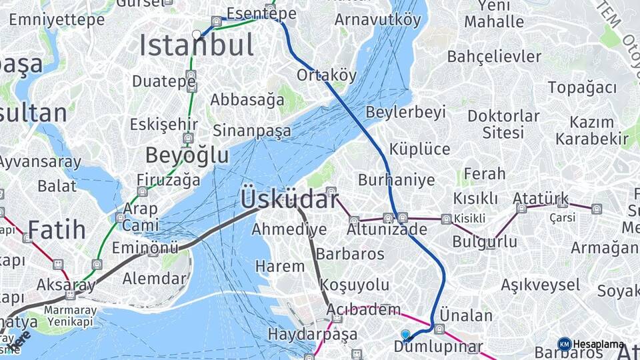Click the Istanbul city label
coord(196,46)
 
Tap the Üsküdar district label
coord(289,199)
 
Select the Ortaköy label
coord(327,75)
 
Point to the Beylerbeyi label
coord(405,112)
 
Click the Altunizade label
coord(387,229)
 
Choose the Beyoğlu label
coord(187,155)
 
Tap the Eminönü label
coord(145,248)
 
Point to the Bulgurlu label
coord(485,241)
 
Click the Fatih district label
coord(57,231)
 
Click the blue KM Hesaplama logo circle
coord(565,344)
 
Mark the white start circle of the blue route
coord(197,34)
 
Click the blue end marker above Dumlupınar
coord(405,334)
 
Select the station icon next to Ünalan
coord(439,329)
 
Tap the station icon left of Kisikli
coord(446,219)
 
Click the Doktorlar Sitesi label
coord(503,123)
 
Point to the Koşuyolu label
coord(354,285)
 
